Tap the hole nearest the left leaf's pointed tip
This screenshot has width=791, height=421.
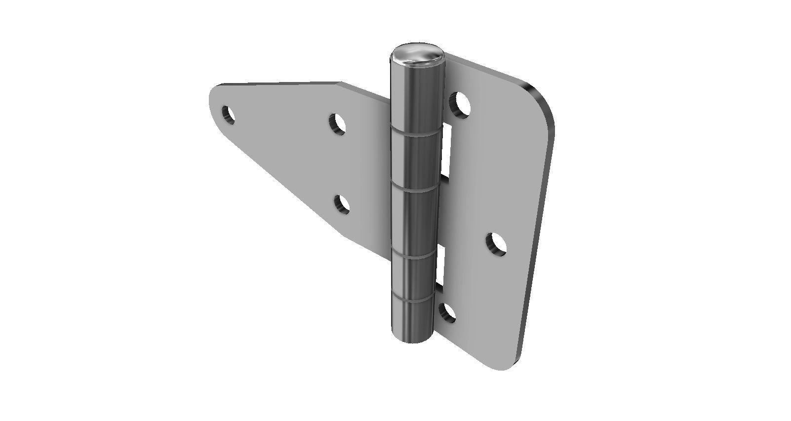tap(228, 115)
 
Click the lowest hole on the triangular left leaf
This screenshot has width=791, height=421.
tap(341, 205)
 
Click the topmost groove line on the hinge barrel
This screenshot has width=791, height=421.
tap(416, 132)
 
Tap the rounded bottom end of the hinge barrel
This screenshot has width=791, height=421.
tap(411, 337)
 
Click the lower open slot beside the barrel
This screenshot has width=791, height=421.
tap(441, 267)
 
